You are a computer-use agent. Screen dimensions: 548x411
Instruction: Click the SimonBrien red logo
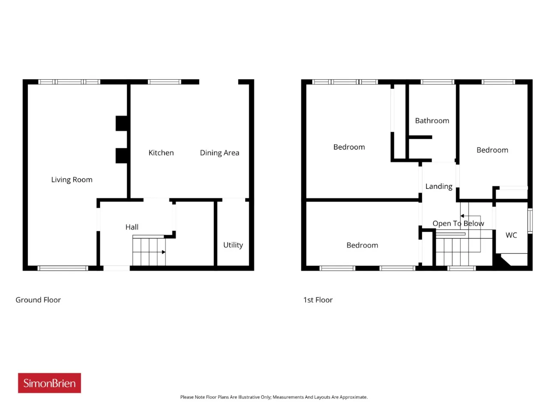[x=49, y=383]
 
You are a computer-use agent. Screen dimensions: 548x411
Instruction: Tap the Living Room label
[x=71, y=179]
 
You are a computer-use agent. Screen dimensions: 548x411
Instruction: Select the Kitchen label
[x=161, y=152]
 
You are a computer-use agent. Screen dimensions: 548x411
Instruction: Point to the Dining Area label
[x=220, y=153]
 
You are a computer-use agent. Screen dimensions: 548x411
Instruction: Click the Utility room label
[x=233, y=245]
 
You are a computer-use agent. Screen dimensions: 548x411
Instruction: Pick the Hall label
[x=131, y=227]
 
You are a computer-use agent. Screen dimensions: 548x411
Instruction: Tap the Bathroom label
[x=432, y=121]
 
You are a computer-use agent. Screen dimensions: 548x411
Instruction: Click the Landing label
[x=439, y=186]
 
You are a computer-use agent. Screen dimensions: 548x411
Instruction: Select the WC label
[x=511, y=235]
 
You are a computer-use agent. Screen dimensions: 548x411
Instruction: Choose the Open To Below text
[x=458, y=223]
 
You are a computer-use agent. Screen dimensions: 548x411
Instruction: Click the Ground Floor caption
[x=38, y=300]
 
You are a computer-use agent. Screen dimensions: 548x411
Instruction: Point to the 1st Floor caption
[x=318, y=300]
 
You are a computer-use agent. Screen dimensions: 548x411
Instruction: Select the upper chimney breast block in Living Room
[x=122, y=123]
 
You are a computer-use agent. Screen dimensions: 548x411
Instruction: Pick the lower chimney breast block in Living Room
[x=122, y=156]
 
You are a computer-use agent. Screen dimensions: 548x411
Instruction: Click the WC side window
[x=530, y=221]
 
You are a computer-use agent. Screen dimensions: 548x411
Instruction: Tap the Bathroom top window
[x=437, y=82]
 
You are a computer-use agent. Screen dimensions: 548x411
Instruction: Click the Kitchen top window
[x=164, y=82]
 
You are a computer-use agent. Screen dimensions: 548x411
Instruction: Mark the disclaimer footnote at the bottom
[x=274, y=397]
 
